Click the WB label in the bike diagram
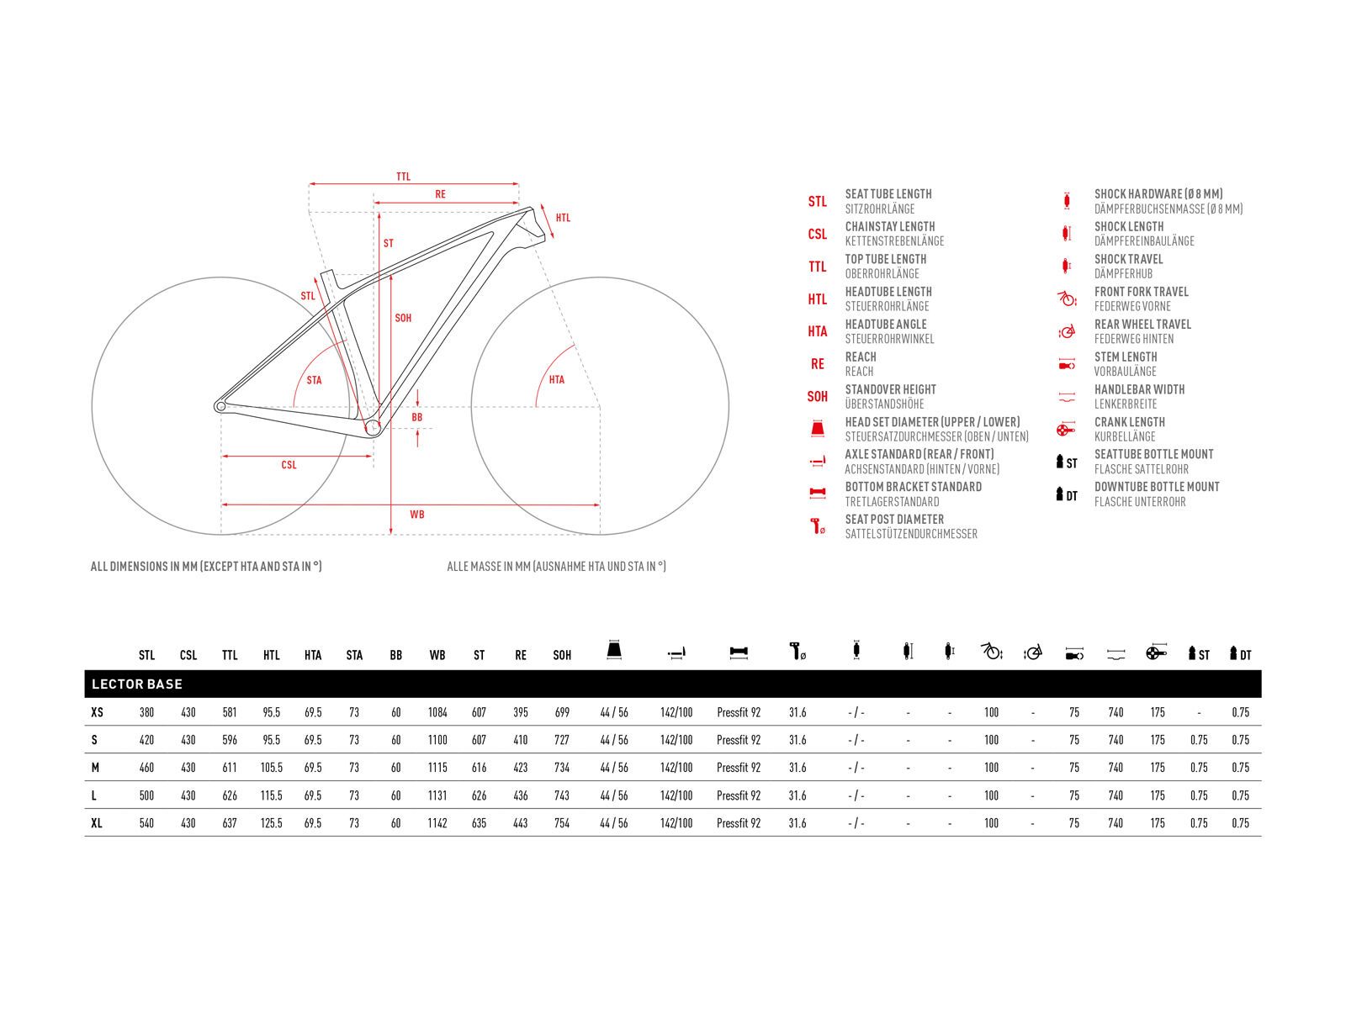coord(416,514)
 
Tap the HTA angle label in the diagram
coord(557,380)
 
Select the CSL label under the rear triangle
coord(289,465)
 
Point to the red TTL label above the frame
coord(404,177)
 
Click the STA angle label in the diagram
coord(314,381)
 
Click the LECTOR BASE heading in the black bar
coord(137,684)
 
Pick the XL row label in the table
coord(97,823)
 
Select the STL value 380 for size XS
coord(146,712)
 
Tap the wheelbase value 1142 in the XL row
coord(437,823)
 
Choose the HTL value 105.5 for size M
coord(272,768)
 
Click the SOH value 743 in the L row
coord(562,795)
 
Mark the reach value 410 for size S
coord(521,740)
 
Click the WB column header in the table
coord(437,655)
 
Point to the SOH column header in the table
coord(562,655)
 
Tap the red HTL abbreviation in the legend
coord(818,299)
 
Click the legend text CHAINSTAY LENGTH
coord(890,227)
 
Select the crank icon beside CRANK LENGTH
coord(1066,430)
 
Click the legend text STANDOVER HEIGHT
coord(891,389)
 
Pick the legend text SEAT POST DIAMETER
coord(894,520)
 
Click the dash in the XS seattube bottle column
coord(1199,712)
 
